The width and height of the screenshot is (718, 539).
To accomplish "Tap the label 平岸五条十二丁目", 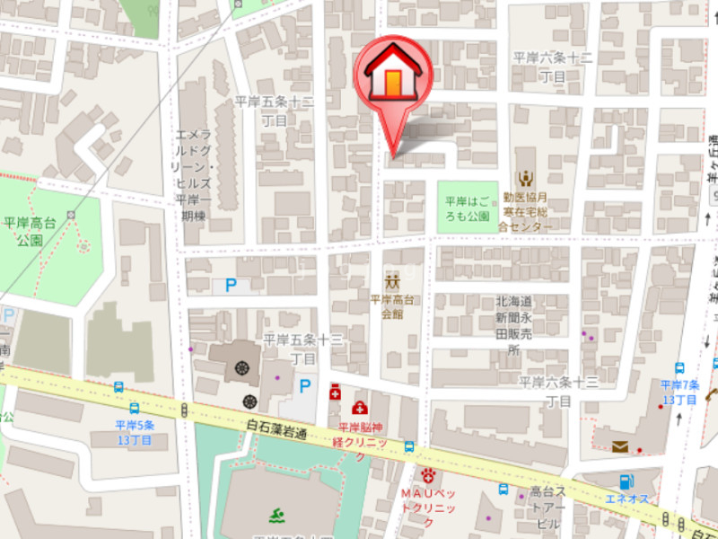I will (275, 110).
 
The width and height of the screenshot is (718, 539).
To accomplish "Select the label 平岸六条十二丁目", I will (553, 66).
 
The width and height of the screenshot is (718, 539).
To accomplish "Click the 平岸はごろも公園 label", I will (468, 208).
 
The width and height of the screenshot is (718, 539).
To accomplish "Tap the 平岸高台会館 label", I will (392, 306).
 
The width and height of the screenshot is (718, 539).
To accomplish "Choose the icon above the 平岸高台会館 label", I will (392, 279).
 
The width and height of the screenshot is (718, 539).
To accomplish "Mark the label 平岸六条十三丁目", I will (558, 391).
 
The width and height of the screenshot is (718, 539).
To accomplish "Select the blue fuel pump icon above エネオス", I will (626, 482).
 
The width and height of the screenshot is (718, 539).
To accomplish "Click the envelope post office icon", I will (621, 446).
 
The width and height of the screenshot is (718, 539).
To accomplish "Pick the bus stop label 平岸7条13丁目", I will (679, 392).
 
